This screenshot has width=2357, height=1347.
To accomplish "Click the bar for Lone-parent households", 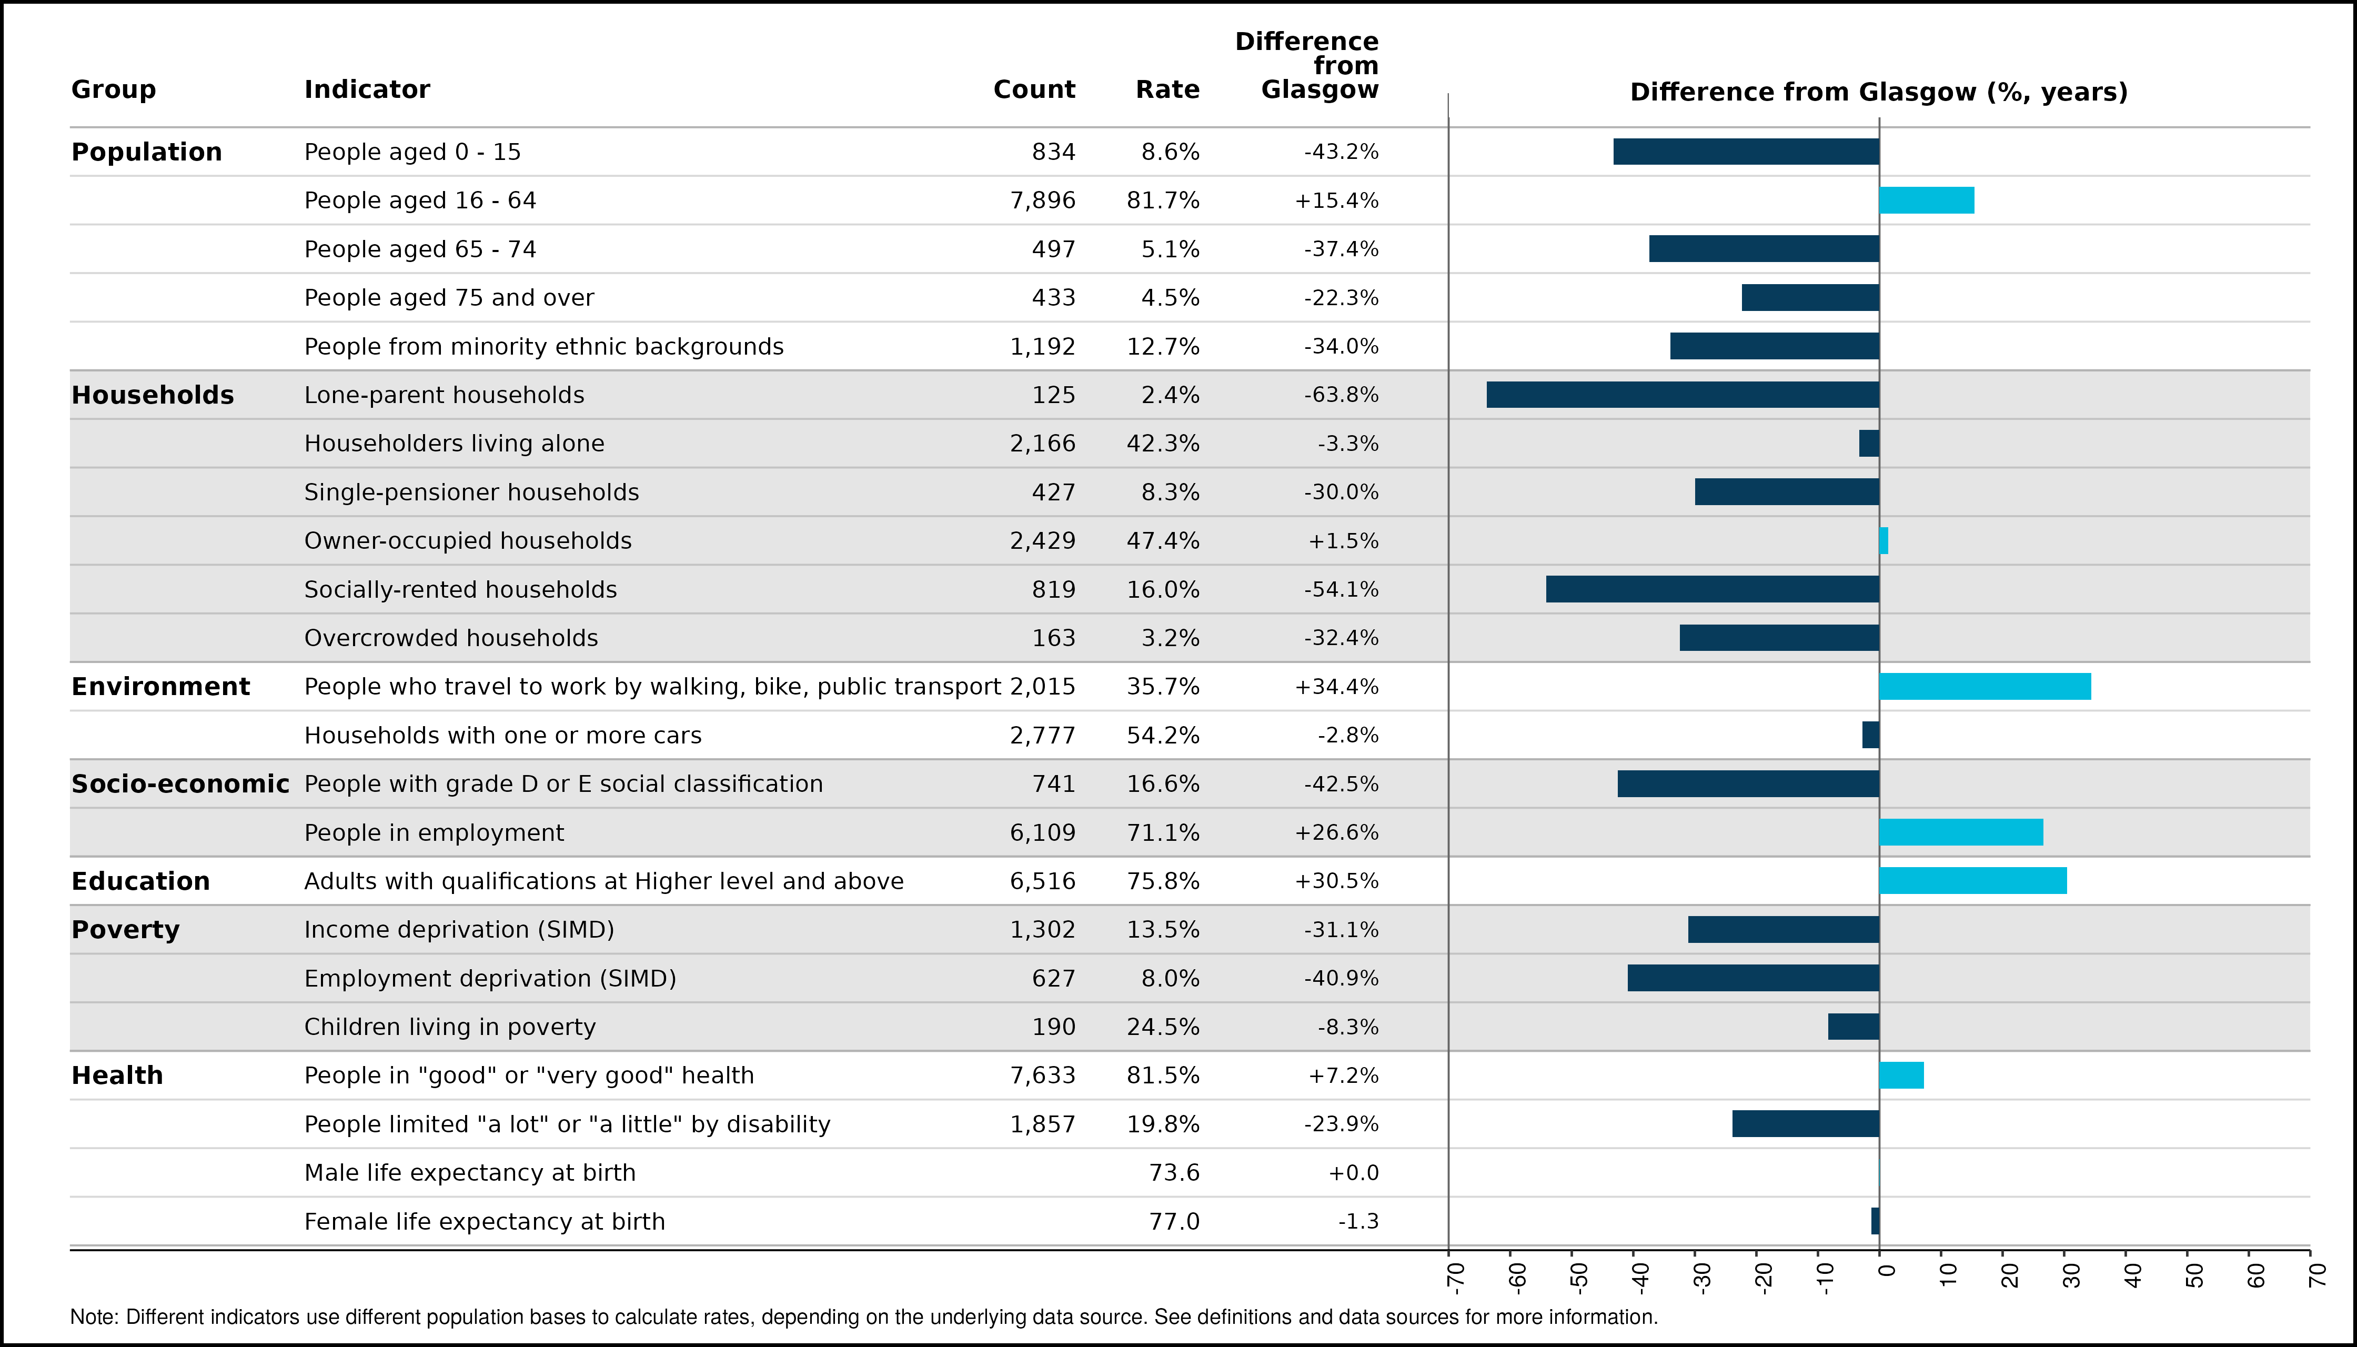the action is pyautogui.click(x=1683, y=395).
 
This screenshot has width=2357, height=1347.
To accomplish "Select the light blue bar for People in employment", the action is pyautogui.click(x=1961, y=832).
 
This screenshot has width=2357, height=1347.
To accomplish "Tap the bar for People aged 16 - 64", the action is pyautogui.click(x=1927, y=201).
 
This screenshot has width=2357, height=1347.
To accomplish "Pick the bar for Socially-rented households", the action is pyautogui.click(x=1713, y=589).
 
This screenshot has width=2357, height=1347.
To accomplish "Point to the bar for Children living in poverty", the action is pyautogui.click(x=1854, y=1027).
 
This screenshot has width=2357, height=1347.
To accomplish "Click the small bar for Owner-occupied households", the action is pyautogui.click(x=1883, y=541).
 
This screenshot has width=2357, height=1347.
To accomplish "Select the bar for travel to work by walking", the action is pyautogui.click(x=1985, y=687).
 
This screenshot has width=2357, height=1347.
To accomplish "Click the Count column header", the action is pyautogui.click(x=1034, y=90).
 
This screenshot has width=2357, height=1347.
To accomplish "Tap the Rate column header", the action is pyautogui.click(x=1167, y=90).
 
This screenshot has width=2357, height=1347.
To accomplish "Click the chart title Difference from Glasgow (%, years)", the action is pyautogui.click(x=1879, y=93).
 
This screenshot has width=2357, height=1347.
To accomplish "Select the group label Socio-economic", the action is pyautogui.click(x=180, y=785).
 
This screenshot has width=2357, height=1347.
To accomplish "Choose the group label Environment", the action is pyautogui.click(x=161, y=687).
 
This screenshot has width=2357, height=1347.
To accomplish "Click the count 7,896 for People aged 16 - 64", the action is pyautogui.click(x=1043, y=201).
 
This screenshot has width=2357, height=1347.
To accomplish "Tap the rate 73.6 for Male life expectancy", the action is pyautogui.click(x=1174, y=1173).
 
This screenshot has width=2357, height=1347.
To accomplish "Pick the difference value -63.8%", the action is pyautogui.click(x=1341, y=395).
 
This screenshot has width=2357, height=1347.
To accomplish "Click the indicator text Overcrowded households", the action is pyautogui.click(x=451, y=638).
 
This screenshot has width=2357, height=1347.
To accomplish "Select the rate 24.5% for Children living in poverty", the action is pyautogui.click(x=1163, y=1027).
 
